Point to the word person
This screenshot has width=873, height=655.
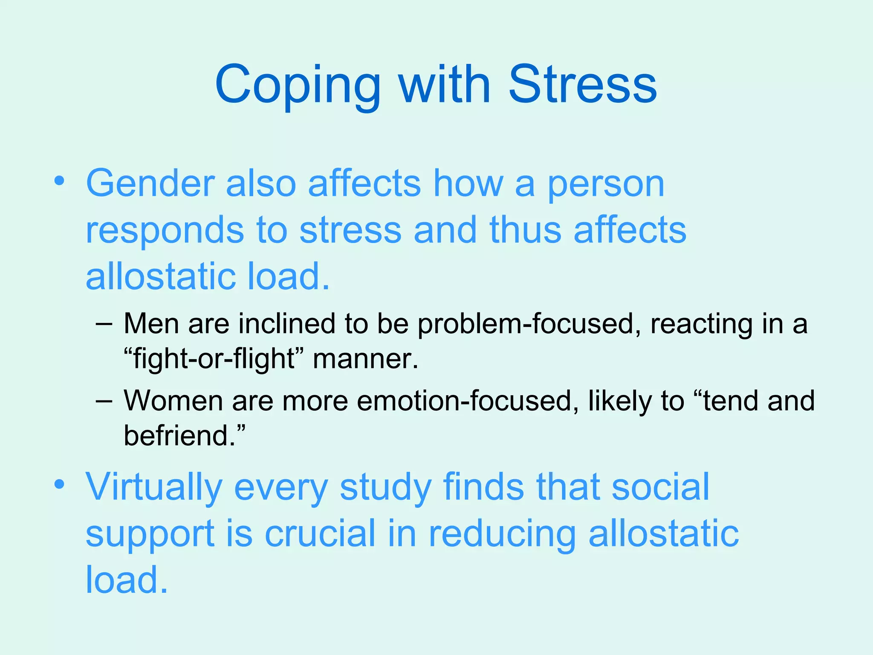coord(606,184)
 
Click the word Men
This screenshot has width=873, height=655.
coord(151,323)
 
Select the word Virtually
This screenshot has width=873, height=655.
coord(154,487)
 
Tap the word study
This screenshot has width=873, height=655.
coord(386,487)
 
